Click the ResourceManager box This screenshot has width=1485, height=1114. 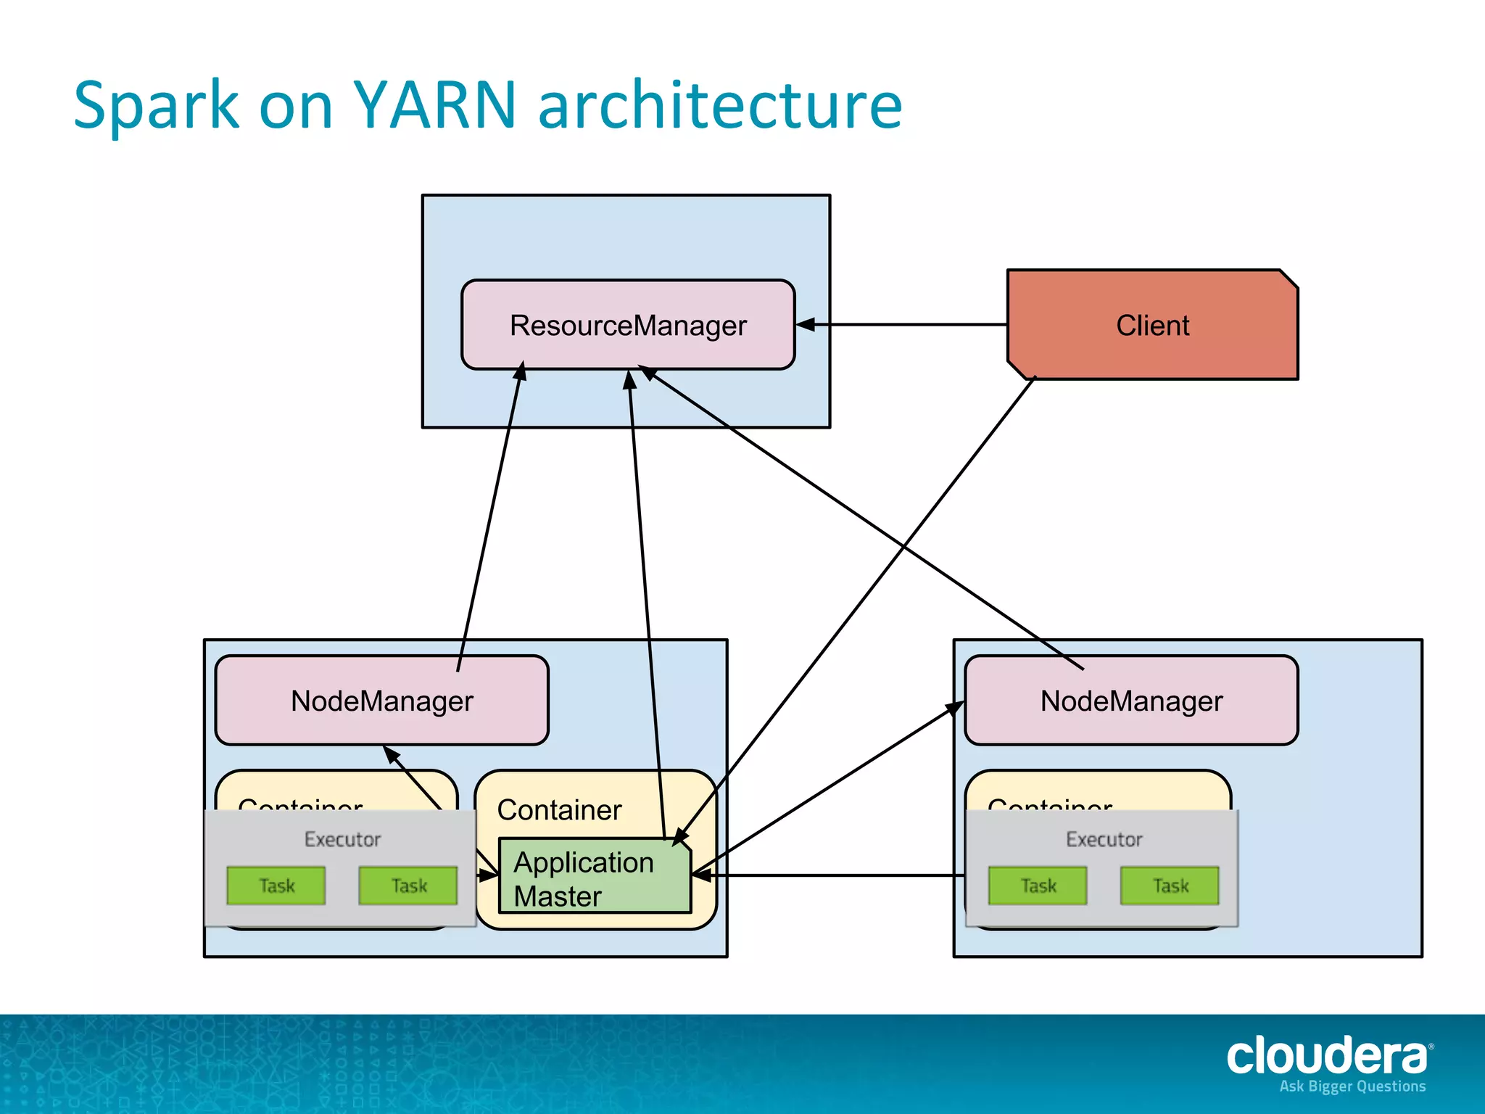click(628, 326)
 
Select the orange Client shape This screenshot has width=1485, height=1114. click(1152, 326)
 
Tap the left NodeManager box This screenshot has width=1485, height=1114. click(381, 701)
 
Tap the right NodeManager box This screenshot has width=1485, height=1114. click(1131, 701)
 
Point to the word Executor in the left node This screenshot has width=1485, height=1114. click(342, 839)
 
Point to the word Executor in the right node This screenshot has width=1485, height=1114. click(1104, 839)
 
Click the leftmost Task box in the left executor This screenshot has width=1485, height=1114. click(276, 886)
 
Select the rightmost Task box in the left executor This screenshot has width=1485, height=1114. click(408, 886)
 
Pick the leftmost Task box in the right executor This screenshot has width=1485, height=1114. click(1038, 886)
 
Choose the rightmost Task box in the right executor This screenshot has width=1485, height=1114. click(1170, 886)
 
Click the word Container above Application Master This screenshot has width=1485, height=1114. click(559, 810)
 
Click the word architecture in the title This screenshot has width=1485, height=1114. click(720, 105)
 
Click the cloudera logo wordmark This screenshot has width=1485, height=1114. click(1327, 1057)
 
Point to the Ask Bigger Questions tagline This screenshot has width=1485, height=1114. click(1352, 1086)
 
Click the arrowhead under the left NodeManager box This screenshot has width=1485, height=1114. click(391, 754)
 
